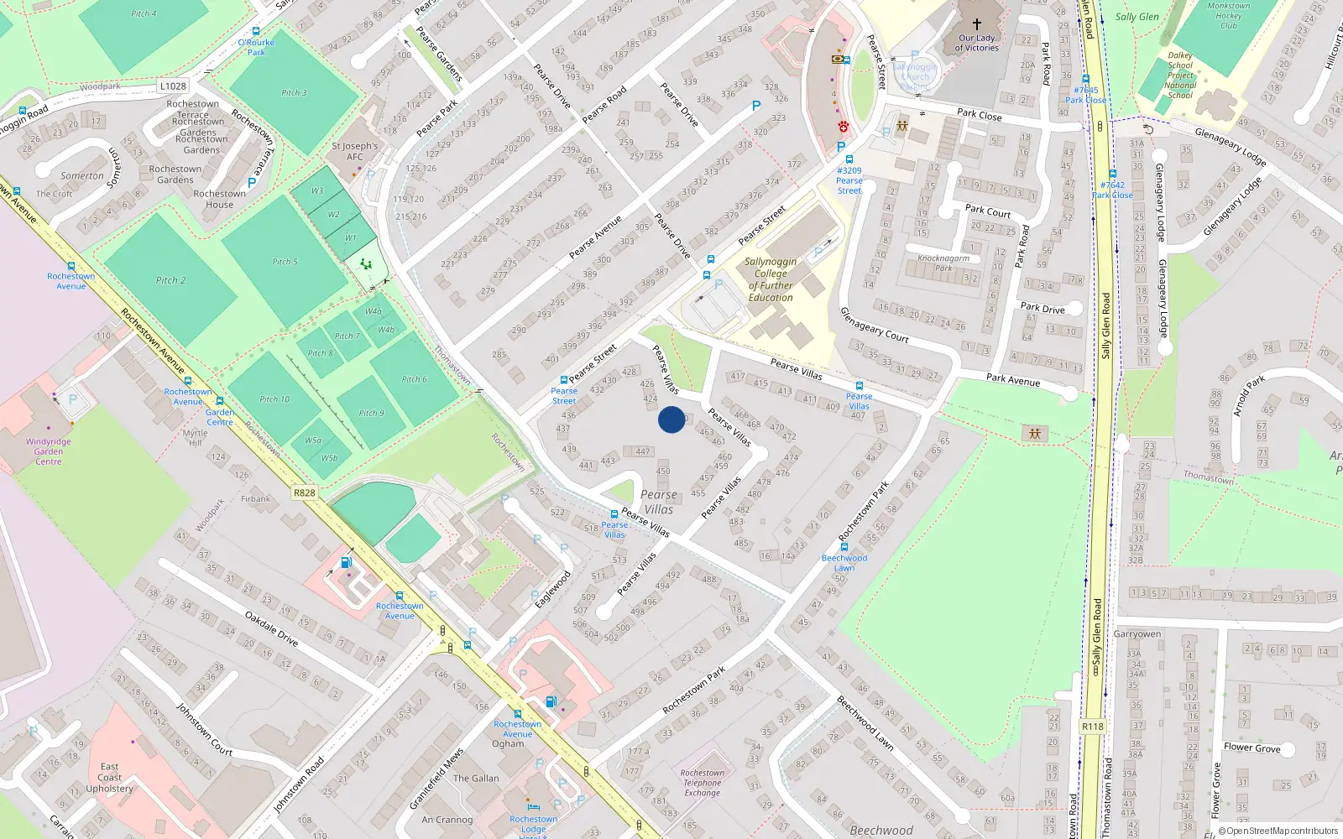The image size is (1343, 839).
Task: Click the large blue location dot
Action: point(671,419)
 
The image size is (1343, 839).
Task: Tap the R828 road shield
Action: point(305,492)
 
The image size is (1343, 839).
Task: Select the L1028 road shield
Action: point(173,86)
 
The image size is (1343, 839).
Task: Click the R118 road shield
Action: point(1092,727)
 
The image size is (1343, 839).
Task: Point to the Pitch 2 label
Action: point(170,280)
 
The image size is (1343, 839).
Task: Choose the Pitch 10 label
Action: point(274,399)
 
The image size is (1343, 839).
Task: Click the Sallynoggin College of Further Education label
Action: point(771,279)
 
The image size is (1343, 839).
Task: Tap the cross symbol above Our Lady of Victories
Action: point(976,24)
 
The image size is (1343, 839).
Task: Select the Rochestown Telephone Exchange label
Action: point(703,783)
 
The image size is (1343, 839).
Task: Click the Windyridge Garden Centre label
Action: point(49,451)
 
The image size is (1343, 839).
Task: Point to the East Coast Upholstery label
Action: point(110,778)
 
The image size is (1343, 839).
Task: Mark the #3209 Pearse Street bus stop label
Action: point(849,180)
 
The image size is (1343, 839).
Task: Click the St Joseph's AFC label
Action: point(355,151)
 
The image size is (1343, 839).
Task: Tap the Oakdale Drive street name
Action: point(271,628)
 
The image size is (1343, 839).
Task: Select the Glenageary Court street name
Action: point(875,325)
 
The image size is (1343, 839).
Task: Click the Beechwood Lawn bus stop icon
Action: point(844,547)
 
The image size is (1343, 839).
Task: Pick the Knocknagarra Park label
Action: point(943,263)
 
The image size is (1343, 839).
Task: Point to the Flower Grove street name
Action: point(1252,748)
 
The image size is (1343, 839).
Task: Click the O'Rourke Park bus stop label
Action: point(256,47)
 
